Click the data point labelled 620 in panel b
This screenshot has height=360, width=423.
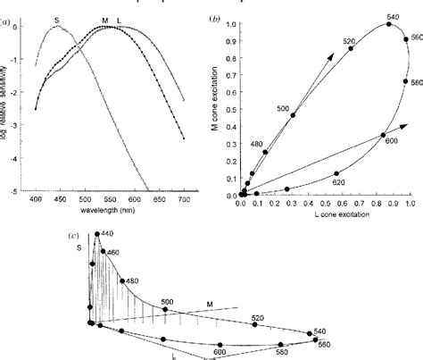(336, 173)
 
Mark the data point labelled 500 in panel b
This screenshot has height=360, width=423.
(293, 115)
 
